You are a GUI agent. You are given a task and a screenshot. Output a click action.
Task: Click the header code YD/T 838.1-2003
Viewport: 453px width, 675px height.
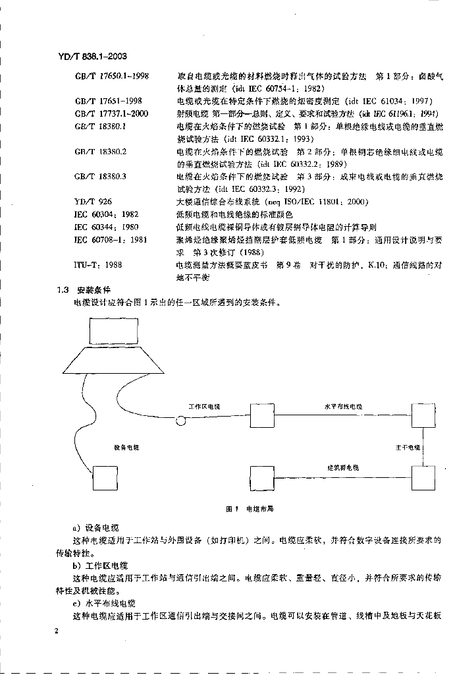click(92, 64)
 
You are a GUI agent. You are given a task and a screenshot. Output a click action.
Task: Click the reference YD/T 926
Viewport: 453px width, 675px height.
click(90, 202)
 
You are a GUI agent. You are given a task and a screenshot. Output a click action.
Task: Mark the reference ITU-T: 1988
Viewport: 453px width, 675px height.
click(97, 264)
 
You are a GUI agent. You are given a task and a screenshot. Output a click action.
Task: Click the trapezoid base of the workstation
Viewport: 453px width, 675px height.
click(114, 361)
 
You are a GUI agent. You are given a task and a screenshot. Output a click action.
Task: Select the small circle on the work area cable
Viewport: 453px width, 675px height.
click(180, 420)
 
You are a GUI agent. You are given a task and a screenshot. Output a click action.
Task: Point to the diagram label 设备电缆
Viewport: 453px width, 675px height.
click(126, 448)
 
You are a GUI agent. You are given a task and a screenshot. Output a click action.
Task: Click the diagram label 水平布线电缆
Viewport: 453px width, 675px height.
click(343, 407)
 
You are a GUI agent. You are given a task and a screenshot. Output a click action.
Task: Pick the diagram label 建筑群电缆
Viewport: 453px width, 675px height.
click(343, 467)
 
